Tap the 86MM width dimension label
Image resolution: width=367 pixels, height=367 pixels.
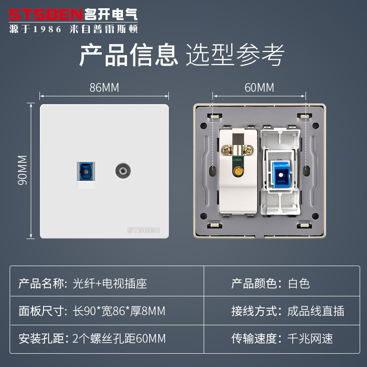104,88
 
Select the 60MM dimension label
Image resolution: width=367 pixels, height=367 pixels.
259,88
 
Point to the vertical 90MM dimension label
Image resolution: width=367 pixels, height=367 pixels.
22,170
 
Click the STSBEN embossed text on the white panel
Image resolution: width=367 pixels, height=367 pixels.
142,229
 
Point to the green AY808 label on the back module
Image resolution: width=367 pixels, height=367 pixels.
238,160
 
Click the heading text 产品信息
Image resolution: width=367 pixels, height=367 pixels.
128,55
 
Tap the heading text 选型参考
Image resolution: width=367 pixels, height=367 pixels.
235,55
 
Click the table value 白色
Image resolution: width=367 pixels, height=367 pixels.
299,283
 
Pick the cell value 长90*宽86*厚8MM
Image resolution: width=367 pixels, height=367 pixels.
119,311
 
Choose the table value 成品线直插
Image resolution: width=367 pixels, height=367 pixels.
316,311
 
